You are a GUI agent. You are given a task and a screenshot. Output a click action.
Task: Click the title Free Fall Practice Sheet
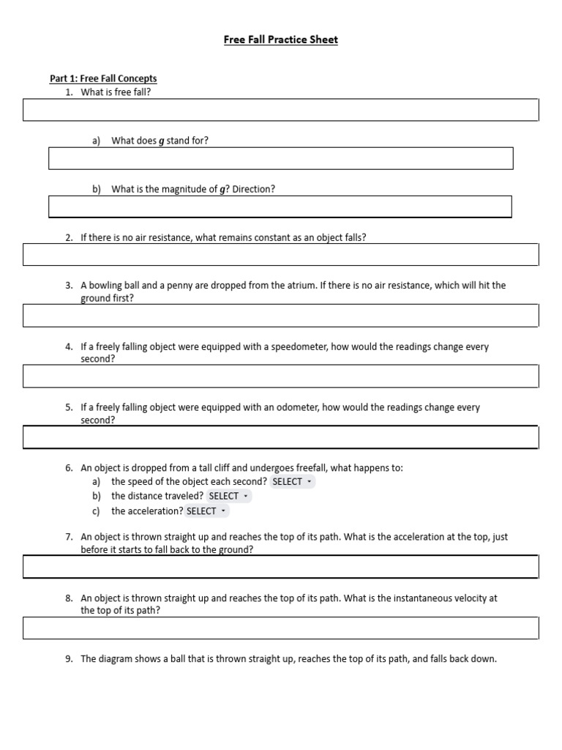coord(281,40)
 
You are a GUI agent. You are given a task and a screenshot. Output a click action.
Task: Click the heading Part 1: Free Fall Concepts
coord(103,78)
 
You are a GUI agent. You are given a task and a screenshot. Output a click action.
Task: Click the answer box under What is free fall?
coord(281,110)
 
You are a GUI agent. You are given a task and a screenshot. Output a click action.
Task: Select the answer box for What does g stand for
coord(281,158)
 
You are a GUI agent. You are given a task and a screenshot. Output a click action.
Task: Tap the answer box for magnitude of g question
coord(281,207)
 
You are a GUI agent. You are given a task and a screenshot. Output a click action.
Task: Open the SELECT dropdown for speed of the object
coord(292,482)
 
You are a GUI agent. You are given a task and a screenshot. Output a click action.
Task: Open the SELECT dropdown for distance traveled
coord(228,497)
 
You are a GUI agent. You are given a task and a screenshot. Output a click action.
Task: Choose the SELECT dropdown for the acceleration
coord(206,511)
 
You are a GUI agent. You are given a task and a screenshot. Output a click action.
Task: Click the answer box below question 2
coord(281,254)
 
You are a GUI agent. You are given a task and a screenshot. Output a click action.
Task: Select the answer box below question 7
coord(281,567)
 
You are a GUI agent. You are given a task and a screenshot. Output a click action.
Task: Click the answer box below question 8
coord(281,628)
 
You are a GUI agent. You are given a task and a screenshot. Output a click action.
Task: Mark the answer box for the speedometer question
coord(281,376)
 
